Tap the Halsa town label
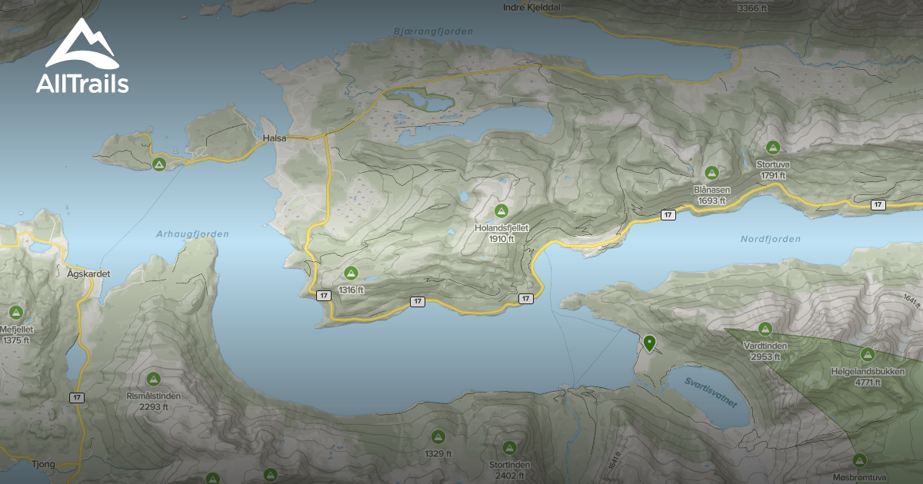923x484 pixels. [x=274, y=138]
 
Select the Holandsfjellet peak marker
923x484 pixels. [x=501, y=211]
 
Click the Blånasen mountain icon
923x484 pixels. [x=711, y=173]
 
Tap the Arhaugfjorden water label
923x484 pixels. [x=192, y=234]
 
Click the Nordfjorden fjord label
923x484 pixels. [x=770, y=239]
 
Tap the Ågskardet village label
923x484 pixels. [x=88, y=273]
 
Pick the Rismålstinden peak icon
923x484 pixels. [x=153, y=379]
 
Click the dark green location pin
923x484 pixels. [x=649, y=343]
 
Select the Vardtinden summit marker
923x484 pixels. [x=765, y=329]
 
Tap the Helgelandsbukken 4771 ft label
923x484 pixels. [x=867, y=376]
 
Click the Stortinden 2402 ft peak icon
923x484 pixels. [x=509, y=447]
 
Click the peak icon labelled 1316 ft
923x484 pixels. [x=351, y=273]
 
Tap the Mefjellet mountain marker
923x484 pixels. [x=15, y=313]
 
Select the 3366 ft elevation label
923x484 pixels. [x=752, y=8]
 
